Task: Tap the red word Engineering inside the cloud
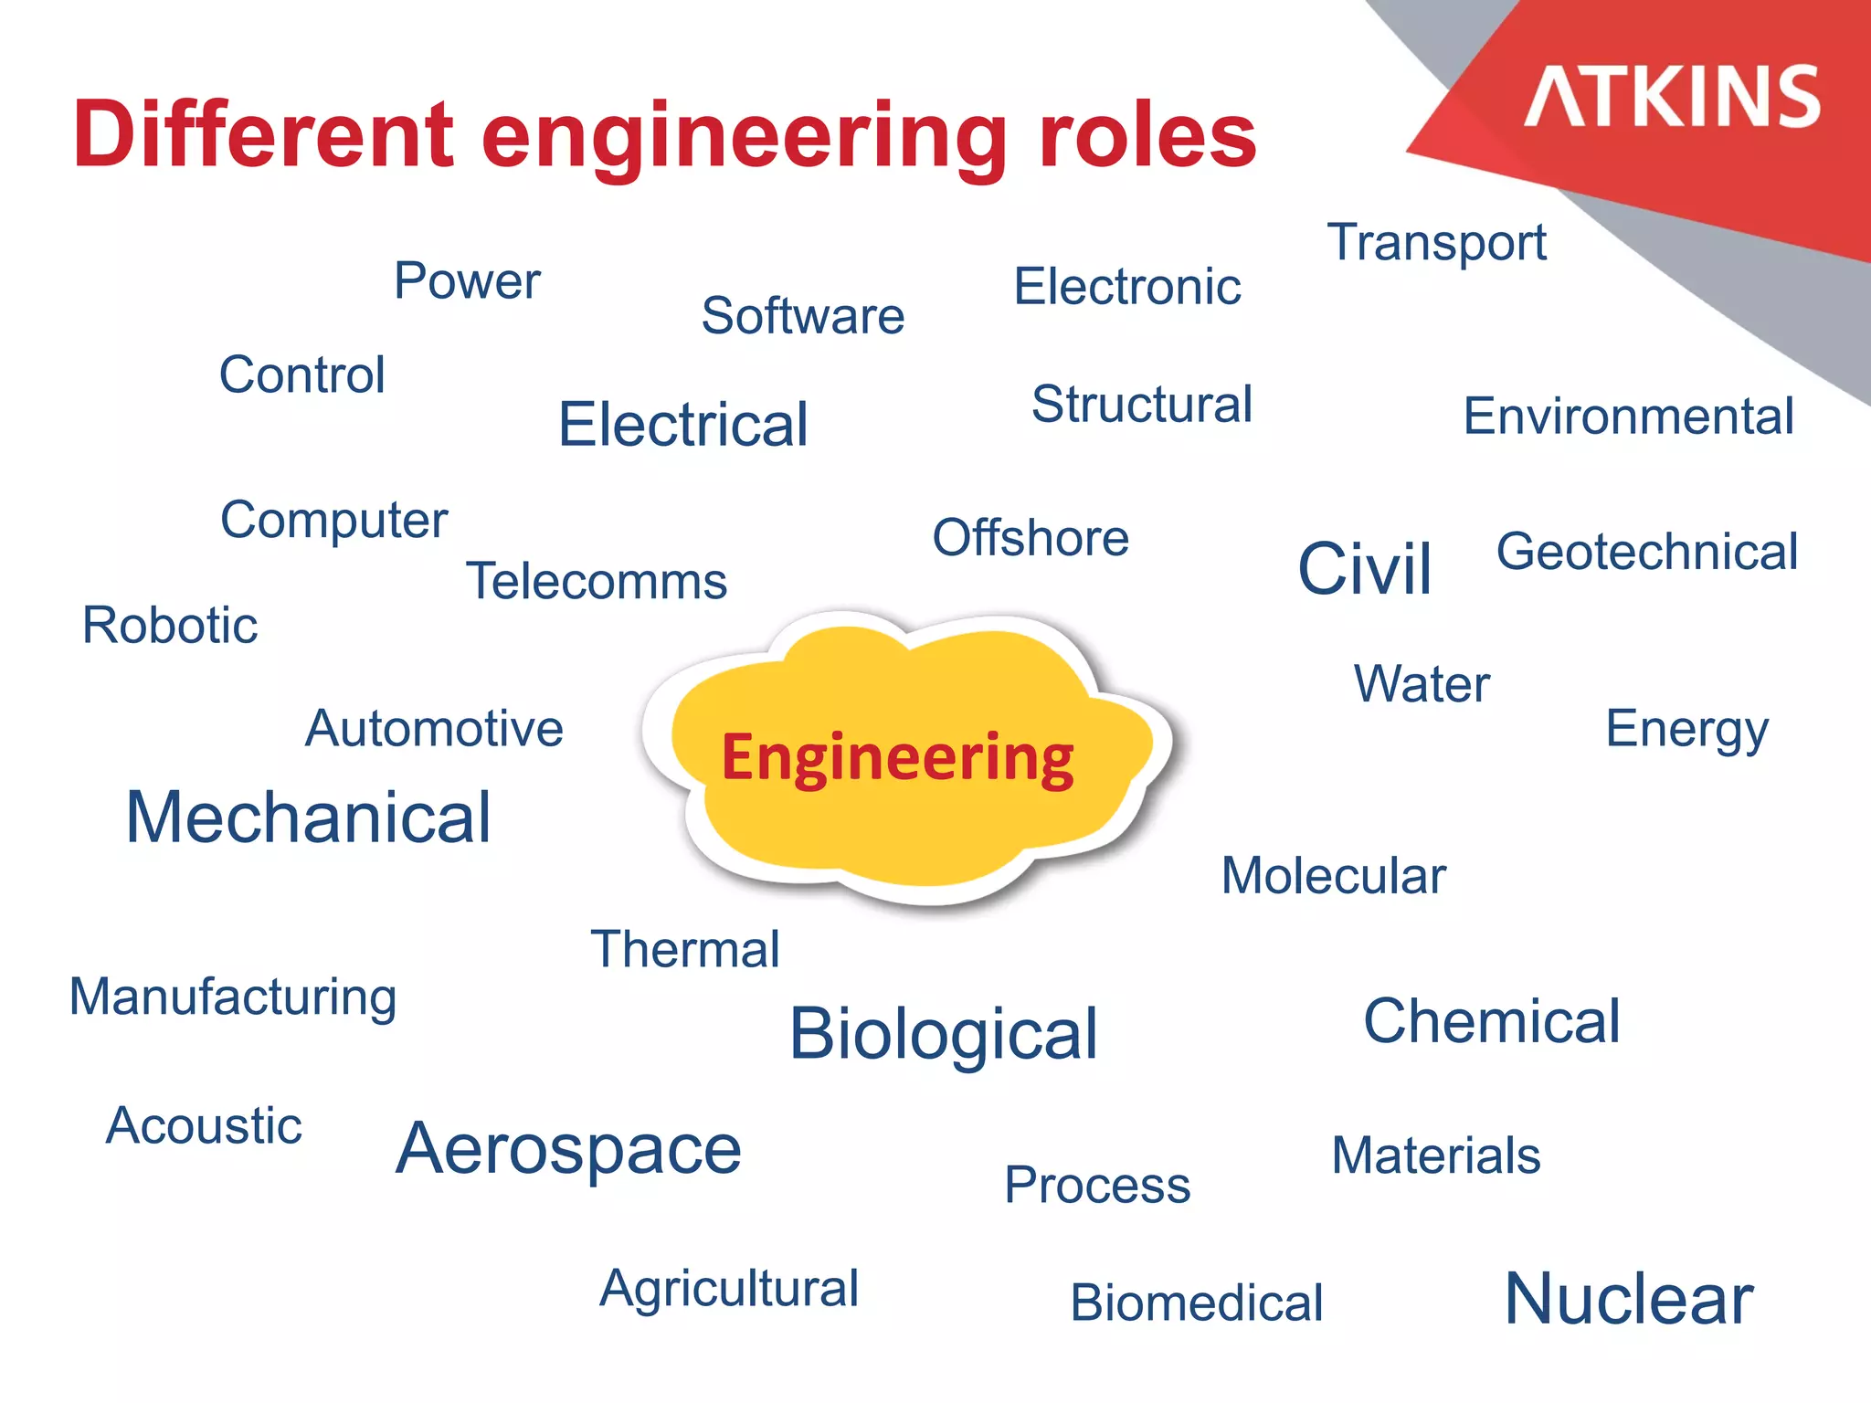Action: point(897,758)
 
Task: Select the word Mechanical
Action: point(309,817)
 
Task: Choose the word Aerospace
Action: point(568,1148)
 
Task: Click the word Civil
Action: point(1365,568)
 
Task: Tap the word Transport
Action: point(1436,243)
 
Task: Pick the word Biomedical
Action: point(1197,1302)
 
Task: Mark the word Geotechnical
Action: point(1647,552)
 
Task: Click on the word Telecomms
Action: point(597,581)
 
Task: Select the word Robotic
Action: point(170,626)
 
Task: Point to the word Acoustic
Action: point(204,1125)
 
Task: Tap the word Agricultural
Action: point(729,1289)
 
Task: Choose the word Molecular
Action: point(1334,875)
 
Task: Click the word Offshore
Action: point(1031,537)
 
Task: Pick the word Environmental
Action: point(1629,417)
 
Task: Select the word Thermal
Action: point(685,949)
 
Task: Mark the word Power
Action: point(467,280)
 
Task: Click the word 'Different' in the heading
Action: point(263,135)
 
